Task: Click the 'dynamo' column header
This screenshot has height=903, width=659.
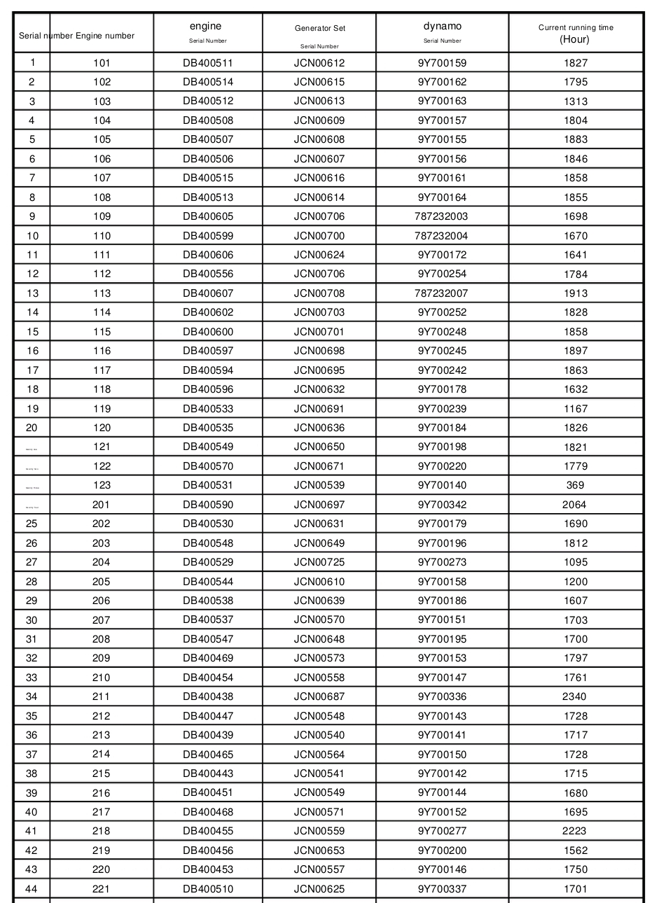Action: click(x=443, y=26)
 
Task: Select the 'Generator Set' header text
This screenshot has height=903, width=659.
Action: click(x=319, y=28)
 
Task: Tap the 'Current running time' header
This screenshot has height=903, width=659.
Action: click(x=576, y=27)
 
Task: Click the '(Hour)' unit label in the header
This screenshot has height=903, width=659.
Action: click(x=574, y=39)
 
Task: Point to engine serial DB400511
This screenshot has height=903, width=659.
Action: click(x=208, y=63)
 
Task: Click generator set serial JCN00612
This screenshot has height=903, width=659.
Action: click(x=319, y=63)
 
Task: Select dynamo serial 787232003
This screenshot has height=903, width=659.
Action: click(x=441, y=216)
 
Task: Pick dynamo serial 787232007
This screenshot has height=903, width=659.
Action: click(x=441, y=293)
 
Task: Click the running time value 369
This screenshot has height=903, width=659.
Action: click(x=575, y=485)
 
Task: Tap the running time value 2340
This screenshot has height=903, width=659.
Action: click(x=574, y=696)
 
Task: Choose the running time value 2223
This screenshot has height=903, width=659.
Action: click(x=574, y=831)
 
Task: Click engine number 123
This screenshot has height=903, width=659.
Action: click(x=102, y=485)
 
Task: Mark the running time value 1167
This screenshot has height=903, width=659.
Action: click(x=576, y=409)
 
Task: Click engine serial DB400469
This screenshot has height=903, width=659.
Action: click(x=208, y=658)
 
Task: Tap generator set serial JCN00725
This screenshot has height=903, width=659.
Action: click(x=319, y=562)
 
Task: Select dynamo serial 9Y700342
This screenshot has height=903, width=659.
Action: click(x=442, y=505)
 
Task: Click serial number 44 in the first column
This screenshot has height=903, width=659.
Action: click(x=32, y=889)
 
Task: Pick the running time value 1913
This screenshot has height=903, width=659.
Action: click(x=576, y=293)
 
